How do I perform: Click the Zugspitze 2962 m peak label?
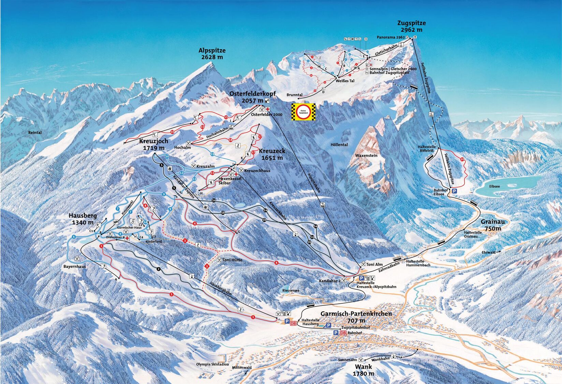[x=411, y=26]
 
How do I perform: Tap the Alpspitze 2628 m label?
[x=212, y=54]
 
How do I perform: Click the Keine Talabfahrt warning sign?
[x=303, y=112]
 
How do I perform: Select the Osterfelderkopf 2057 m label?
[x=252, y=97]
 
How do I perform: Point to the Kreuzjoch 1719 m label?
[x=153, y=145]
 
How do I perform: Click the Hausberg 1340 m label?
[x=83, y=219]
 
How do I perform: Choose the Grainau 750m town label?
[x=493, y=225]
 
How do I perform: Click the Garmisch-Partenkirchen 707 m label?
[x=356, y=317]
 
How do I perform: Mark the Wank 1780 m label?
[x=363, y=370]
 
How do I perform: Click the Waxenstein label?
[x=366, y=155]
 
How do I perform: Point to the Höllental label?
[x=339, y=145]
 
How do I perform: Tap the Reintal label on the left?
[x=35, y=133]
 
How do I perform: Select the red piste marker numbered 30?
[x=462, y=159]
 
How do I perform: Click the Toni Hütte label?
[x=232, y=260]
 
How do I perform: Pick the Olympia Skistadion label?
[x=212, y=365]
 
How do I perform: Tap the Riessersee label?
[x=291, y=290]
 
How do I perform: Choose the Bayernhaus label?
[x=75, y=266]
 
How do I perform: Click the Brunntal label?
[x=294, y=95]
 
